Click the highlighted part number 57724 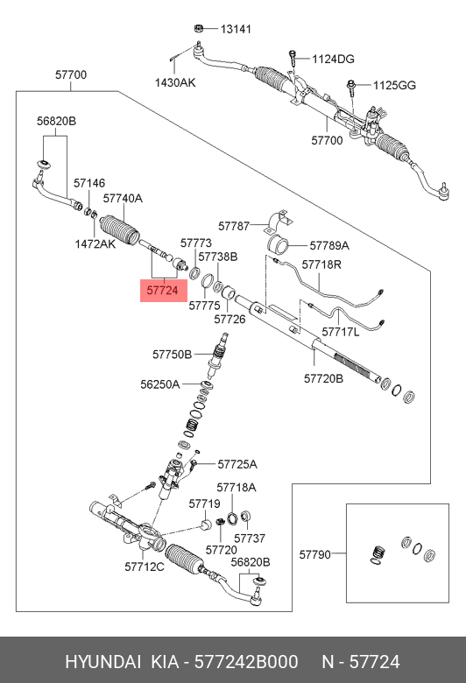163,288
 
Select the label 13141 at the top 235,29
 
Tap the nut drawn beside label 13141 201,27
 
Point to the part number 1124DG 334,59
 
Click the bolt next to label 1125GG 350,87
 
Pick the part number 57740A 123,199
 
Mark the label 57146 88,183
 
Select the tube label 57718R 321,264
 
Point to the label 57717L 341,332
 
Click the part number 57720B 323,378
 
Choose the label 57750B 172,354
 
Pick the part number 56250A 159,384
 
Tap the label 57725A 237,463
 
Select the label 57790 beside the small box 316,553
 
